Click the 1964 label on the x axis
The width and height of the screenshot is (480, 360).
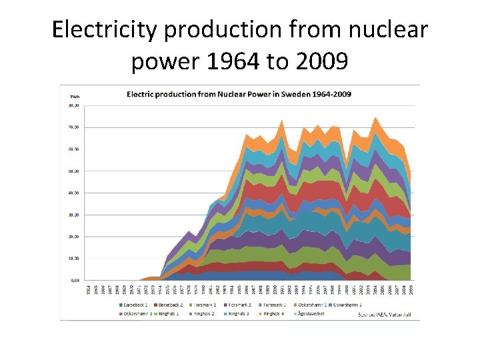(89, 289)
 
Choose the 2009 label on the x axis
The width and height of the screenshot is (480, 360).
(411, 289)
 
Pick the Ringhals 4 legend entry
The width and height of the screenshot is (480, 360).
(274, 313)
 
